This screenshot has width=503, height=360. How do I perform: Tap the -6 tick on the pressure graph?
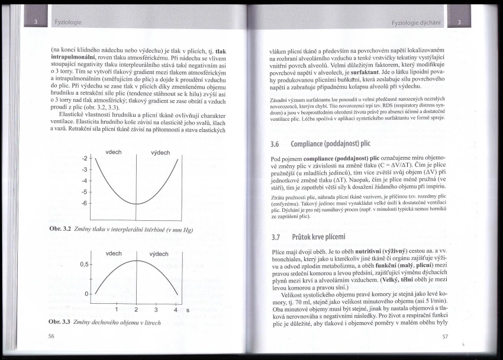pyautogui.click(x=84, y=204)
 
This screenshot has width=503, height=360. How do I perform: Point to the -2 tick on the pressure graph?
pyautogui.click(x=84, y=159)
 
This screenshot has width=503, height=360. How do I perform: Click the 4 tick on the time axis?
pyautogui.click(x=176, y=309)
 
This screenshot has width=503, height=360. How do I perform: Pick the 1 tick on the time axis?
pyautogui.click(x=117, y=309)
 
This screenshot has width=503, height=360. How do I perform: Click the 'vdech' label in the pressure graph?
pyautogui.click(x=114, y=152)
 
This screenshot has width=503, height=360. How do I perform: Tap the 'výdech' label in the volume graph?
pyautogui.click(x=160, y=254)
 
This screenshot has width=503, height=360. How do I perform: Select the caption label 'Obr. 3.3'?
pyautogui.click(x=60, y=323)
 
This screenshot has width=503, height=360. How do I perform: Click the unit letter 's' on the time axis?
pyautogui.click(x=188, y=310)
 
